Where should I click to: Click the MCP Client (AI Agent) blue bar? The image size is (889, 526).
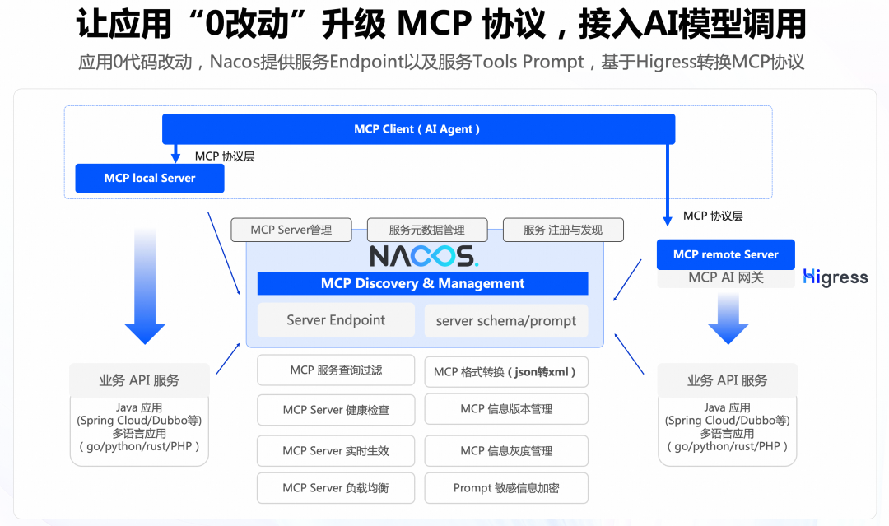pyautogui.click(x=418, y=129)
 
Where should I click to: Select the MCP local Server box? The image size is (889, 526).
pyautogui.click(x=150, y=178)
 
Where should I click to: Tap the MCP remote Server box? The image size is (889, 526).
pyautogui.click(x=725, y=254)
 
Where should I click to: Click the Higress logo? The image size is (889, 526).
pyautogui.click(x=835, y=277)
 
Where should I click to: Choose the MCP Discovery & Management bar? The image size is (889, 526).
pyautogui.click(x=422, y=284)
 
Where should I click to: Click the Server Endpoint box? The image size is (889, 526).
pyautogui.click(x=336, y=320)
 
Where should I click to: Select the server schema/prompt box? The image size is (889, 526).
pyautogui.click(x=506, y=321)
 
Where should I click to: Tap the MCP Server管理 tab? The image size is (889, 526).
pyautogui.click(x=291, y=230)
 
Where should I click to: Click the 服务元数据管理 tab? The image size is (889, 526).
pyautogui.click(x=427, y=230)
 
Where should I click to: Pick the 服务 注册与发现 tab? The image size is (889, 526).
pyautogui.click(x=563, y=230)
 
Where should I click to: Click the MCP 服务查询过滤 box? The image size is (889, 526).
pyautogui.click(x=336, y=370)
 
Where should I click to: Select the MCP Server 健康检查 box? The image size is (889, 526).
pyautogui.click(x=336, y=410)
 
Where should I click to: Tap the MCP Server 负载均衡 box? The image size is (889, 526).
pyautogui.click(x=336, y=488)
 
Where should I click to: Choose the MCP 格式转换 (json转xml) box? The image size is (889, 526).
pyautogui.click(x=506, y=371)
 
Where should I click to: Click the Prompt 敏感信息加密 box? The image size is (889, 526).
pyautogui.click(x=506, y=488)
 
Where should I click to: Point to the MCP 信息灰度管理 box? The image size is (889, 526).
pyautogui.click(x=506, y=451)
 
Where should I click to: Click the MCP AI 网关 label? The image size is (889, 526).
pyautogui.click(x=725, y=278)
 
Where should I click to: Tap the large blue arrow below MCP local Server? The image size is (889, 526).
pyautogui.click(x=145, y=288)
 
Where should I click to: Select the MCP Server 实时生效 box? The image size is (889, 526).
pyautogui.click(x=336, y=451)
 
